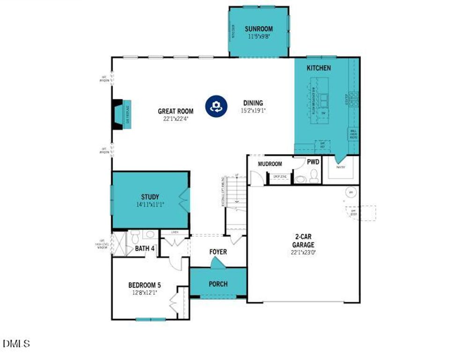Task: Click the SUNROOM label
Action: point(259,29)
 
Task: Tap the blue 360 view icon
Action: point(216,106)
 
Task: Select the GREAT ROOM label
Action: point(176,111)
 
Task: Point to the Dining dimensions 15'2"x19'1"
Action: point(253,111)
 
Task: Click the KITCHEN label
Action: point(319,68)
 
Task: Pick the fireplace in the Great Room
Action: point(121,114)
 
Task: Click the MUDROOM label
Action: point(270,164)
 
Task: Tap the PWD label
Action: point(313,162)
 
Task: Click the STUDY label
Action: point(150,197)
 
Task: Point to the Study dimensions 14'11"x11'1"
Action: point(150,204)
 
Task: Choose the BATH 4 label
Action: point(145,248)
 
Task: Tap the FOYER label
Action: point(218,252)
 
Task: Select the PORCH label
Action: point(218,284)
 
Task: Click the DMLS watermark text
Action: point(17,344)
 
